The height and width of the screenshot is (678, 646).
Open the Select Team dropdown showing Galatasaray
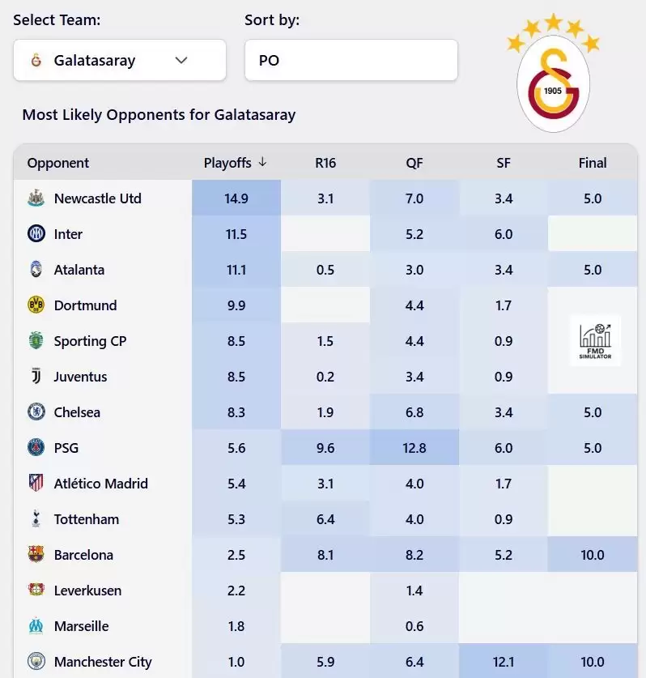(x=119, y=60)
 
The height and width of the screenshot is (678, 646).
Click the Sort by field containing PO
(x=351, y=60)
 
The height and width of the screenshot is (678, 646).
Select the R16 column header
(x=325, y=163)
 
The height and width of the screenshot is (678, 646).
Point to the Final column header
(x=593, y=163)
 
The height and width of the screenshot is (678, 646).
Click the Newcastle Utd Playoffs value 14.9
(x=236, y=198)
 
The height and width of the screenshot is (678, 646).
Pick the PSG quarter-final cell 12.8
(x=414, y=448)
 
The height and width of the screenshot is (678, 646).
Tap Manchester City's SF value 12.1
(x=504, y=662)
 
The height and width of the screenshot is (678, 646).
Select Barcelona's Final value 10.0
(x=593, y=555)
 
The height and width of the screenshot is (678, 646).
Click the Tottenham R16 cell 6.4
(x=325, y=519)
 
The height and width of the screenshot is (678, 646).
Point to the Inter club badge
(x=36, y=234)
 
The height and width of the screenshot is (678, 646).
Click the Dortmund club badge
(x=36, y=305)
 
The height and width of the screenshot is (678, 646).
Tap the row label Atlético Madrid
(x=100, y=484)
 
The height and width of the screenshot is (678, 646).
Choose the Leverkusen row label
(x=87, y=591)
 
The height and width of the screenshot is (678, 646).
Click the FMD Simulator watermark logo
(x=595, y=340)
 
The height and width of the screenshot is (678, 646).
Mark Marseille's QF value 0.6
(x=414, y=626)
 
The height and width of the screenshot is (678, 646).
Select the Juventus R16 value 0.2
(x=325, y=377)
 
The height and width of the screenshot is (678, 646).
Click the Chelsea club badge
(x=36, y=412)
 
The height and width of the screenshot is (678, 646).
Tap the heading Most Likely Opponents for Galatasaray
(x=159, y=114)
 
